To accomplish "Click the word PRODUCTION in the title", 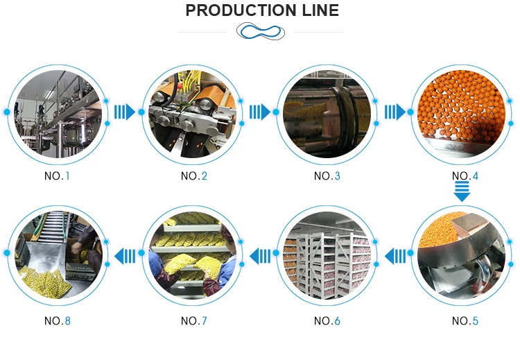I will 236,10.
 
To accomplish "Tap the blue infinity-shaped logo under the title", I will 260,31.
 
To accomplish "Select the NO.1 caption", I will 58,176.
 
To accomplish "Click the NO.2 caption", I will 194,176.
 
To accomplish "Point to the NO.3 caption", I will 327,176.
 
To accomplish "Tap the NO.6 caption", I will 327,321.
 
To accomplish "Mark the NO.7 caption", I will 194,321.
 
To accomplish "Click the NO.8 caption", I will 58,321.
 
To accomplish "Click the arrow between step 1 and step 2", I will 125,112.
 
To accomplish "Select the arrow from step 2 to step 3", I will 260,112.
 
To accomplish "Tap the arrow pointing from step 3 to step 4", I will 395,112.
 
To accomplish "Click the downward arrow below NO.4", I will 462,192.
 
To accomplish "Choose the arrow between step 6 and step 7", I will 259,257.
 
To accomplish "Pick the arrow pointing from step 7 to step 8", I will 125,257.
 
